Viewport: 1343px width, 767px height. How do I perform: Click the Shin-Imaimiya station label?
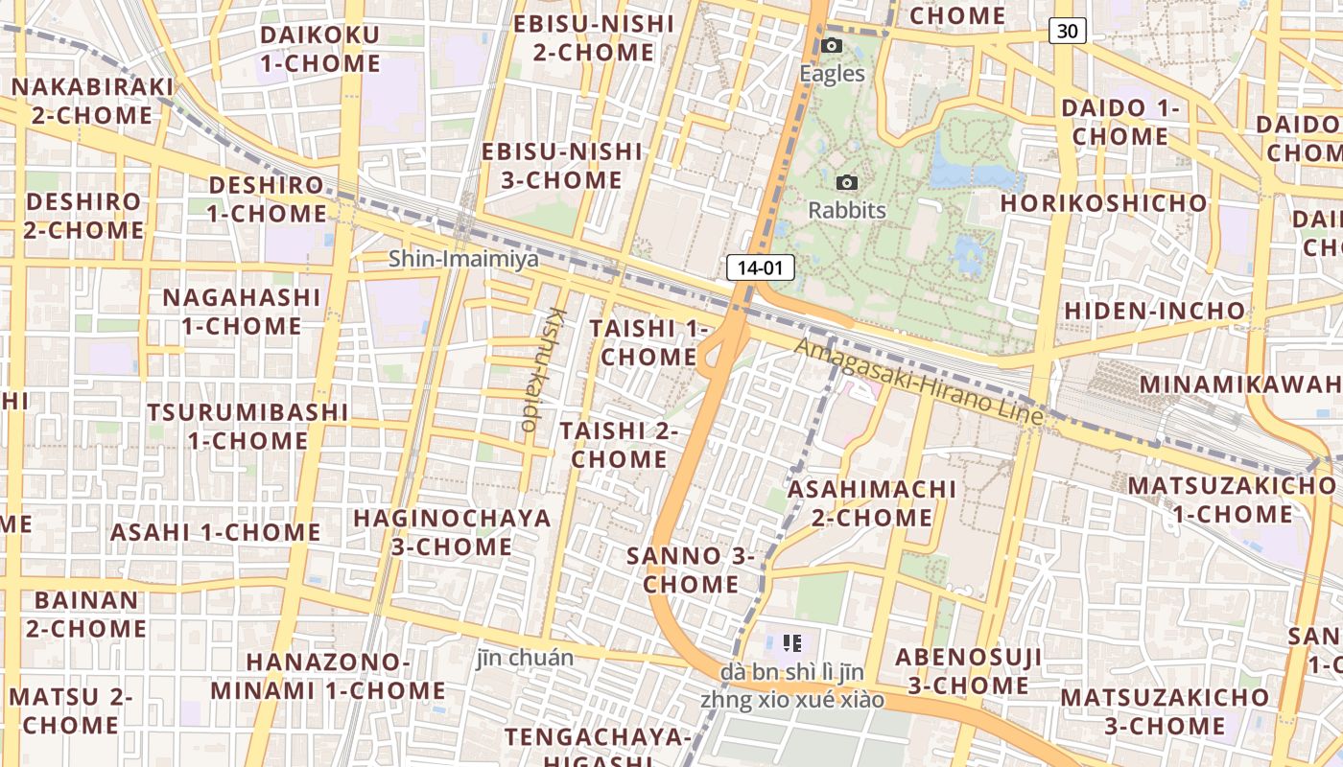click(x=463, y=259)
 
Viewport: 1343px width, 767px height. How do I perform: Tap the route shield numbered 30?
click(x=1067, y=31)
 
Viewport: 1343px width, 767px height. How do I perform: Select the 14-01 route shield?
click(x=761, y=267)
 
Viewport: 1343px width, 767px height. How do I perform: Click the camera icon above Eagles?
click(x=832, y=45)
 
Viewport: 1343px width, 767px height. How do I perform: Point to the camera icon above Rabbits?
click(x=847, y=182)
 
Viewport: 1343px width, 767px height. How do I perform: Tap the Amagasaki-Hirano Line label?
click(x=918, y=383)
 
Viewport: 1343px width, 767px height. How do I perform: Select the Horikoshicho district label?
click(x=1103, y=203)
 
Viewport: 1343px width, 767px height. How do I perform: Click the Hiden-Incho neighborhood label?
click(x=1155, y=311)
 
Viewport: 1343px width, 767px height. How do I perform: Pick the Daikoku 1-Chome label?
click(x=319, y=49)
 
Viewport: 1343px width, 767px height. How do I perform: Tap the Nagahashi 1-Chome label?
click(x=241, y=312)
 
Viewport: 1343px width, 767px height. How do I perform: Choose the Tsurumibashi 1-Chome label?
click(x=247, y=427)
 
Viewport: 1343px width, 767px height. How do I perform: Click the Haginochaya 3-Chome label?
click(x=452, y=532)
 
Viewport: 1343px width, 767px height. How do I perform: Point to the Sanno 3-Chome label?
click(x=691, y=569)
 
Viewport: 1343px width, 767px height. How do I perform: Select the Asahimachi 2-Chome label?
click(x=872, y=503)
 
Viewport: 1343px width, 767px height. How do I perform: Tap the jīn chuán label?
click(x=525, y=658)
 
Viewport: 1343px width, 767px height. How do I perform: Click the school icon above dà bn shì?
click(x=791, y=642)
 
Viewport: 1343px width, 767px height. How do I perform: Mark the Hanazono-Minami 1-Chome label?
click(x=328, y=676)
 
